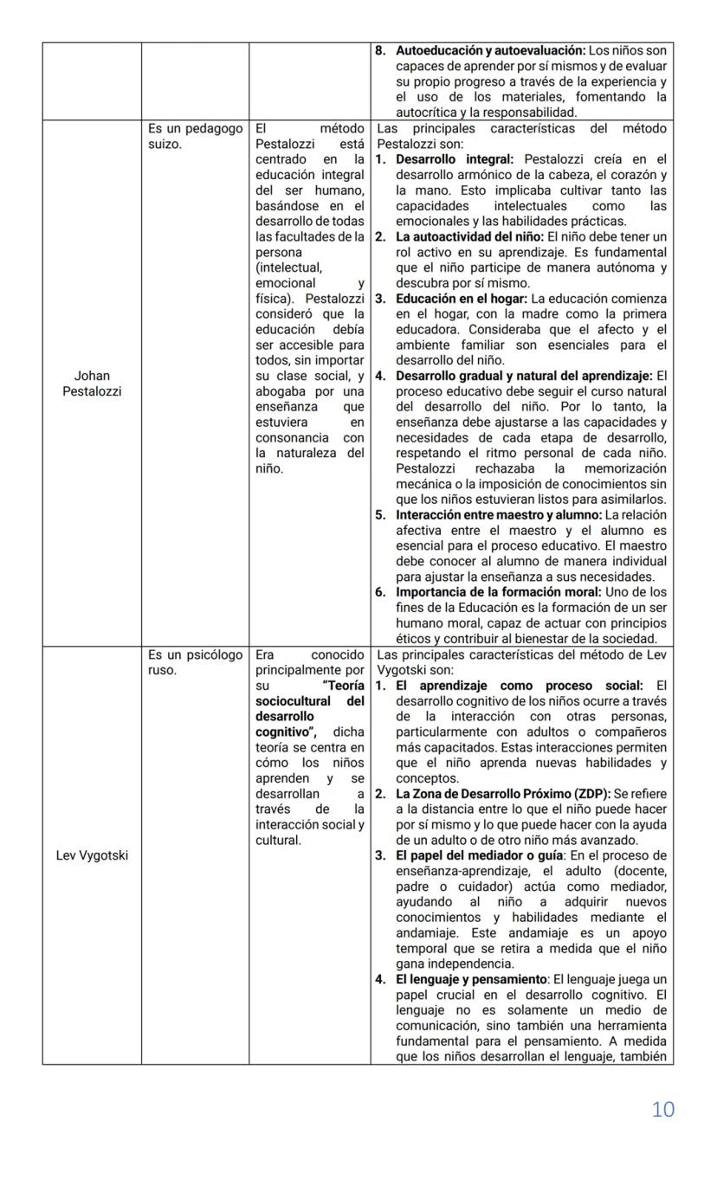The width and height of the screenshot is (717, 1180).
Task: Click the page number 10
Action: (662, 1109)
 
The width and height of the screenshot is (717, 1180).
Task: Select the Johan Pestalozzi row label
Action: (92, 384)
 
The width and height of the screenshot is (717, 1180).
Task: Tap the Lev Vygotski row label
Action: (92, 856)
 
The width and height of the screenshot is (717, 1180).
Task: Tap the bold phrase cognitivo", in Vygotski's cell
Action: (281, 732)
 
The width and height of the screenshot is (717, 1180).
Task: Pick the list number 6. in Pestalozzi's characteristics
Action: (380, 592)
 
